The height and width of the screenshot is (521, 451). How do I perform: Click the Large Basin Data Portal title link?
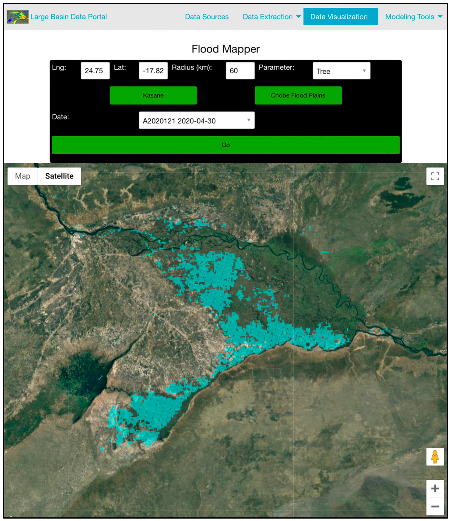coord(68,17)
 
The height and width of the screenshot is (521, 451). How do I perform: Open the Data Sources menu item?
coord(207,17)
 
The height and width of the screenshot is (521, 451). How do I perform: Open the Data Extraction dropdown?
coord(271,17)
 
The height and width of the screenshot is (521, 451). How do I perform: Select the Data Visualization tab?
coord(340,17)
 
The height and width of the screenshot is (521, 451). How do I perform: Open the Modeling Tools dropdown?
coord(413,17)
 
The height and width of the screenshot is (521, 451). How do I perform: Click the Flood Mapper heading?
coord(226,49)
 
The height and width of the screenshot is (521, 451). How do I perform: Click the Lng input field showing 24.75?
coord(95,70)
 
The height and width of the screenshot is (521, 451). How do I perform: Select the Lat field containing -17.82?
coord(153,70)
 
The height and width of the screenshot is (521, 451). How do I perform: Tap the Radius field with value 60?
coord(240,70)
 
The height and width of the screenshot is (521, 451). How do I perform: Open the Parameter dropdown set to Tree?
coord(341,71)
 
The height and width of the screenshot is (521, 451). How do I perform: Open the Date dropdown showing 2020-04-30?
coord(196,120)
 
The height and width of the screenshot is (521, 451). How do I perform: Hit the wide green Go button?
coord(226,145)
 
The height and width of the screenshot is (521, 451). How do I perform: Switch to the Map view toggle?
coord(23,176)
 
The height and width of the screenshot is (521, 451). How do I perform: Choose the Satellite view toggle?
coord(59,176)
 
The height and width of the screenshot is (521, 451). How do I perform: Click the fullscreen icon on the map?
coord(435,176)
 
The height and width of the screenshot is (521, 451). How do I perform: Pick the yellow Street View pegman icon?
coord(435,457)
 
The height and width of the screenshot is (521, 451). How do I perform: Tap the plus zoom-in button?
coord(435,488)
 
